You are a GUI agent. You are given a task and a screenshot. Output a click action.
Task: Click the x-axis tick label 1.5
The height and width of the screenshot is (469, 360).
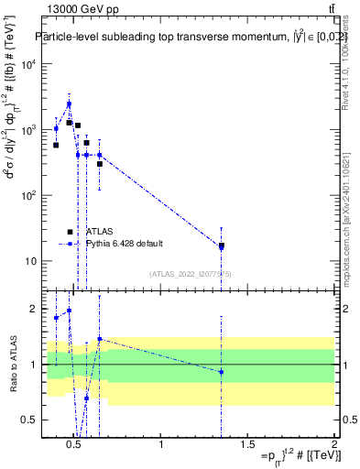coord(247,446)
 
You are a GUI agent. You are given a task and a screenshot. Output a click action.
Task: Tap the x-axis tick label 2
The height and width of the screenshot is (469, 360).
coord(333,446)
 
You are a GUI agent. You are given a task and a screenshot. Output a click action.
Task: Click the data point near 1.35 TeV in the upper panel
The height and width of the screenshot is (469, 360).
coord(221,245)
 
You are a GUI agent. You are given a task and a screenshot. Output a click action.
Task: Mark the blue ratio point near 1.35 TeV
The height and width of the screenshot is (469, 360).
coord(221,372)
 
